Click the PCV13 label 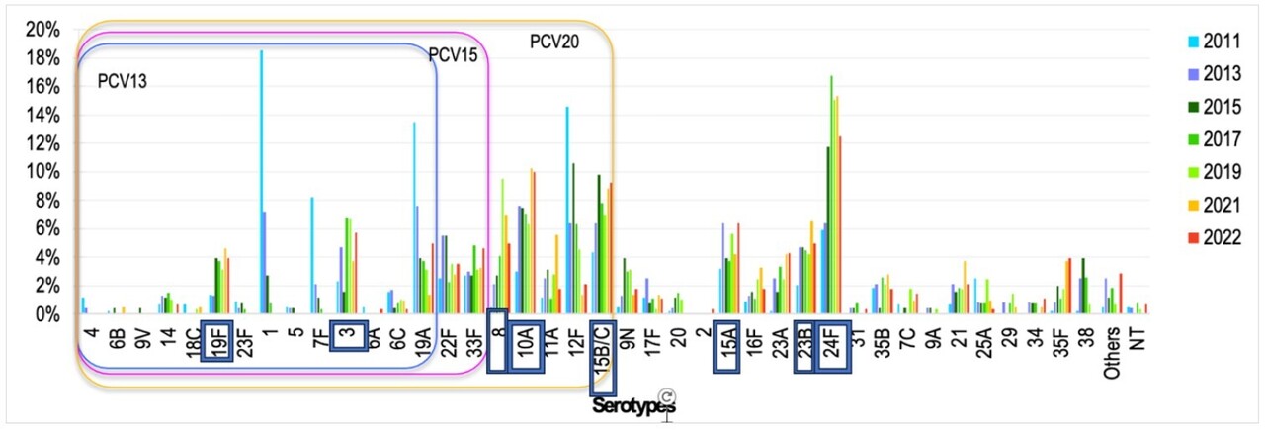click(123, 80)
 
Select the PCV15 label click(453, 56)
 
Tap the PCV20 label click(554, 42)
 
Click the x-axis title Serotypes click(633, 405)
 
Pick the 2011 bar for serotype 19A click(413, 218)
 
